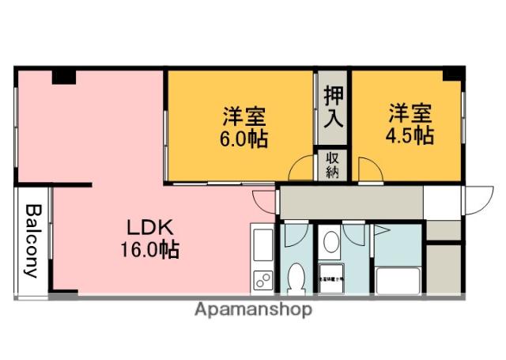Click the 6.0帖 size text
pyautogui.click(x=244, y=139)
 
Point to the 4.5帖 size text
pyautogui.click(x=409, y=135)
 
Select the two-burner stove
pyautogui.click(x=262, y=279)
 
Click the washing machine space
pyautogui.click(x=332, y=278)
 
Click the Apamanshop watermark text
pyautogui.click(x=253, y=309)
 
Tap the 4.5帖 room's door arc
pyautogui.click(x=369, y=169)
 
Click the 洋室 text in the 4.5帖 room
pyautogui.click(x=409, y=112)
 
